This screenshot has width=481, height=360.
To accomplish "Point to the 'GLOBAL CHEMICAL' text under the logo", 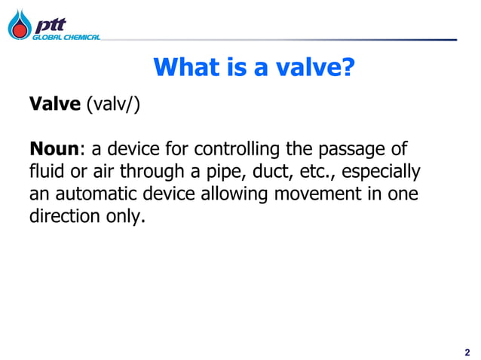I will pyautogui.click(x=65, y=37).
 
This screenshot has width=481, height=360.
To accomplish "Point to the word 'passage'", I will pyautogui.click(x=359, y=148).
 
